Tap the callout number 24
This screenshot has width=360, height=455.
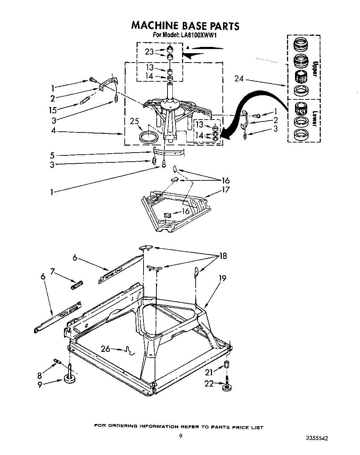239,79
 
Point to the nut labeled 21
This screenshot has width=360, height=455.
227,365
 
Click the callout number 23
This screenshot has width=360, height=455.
149,52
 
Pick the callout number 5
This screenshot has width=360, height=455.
52,155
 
